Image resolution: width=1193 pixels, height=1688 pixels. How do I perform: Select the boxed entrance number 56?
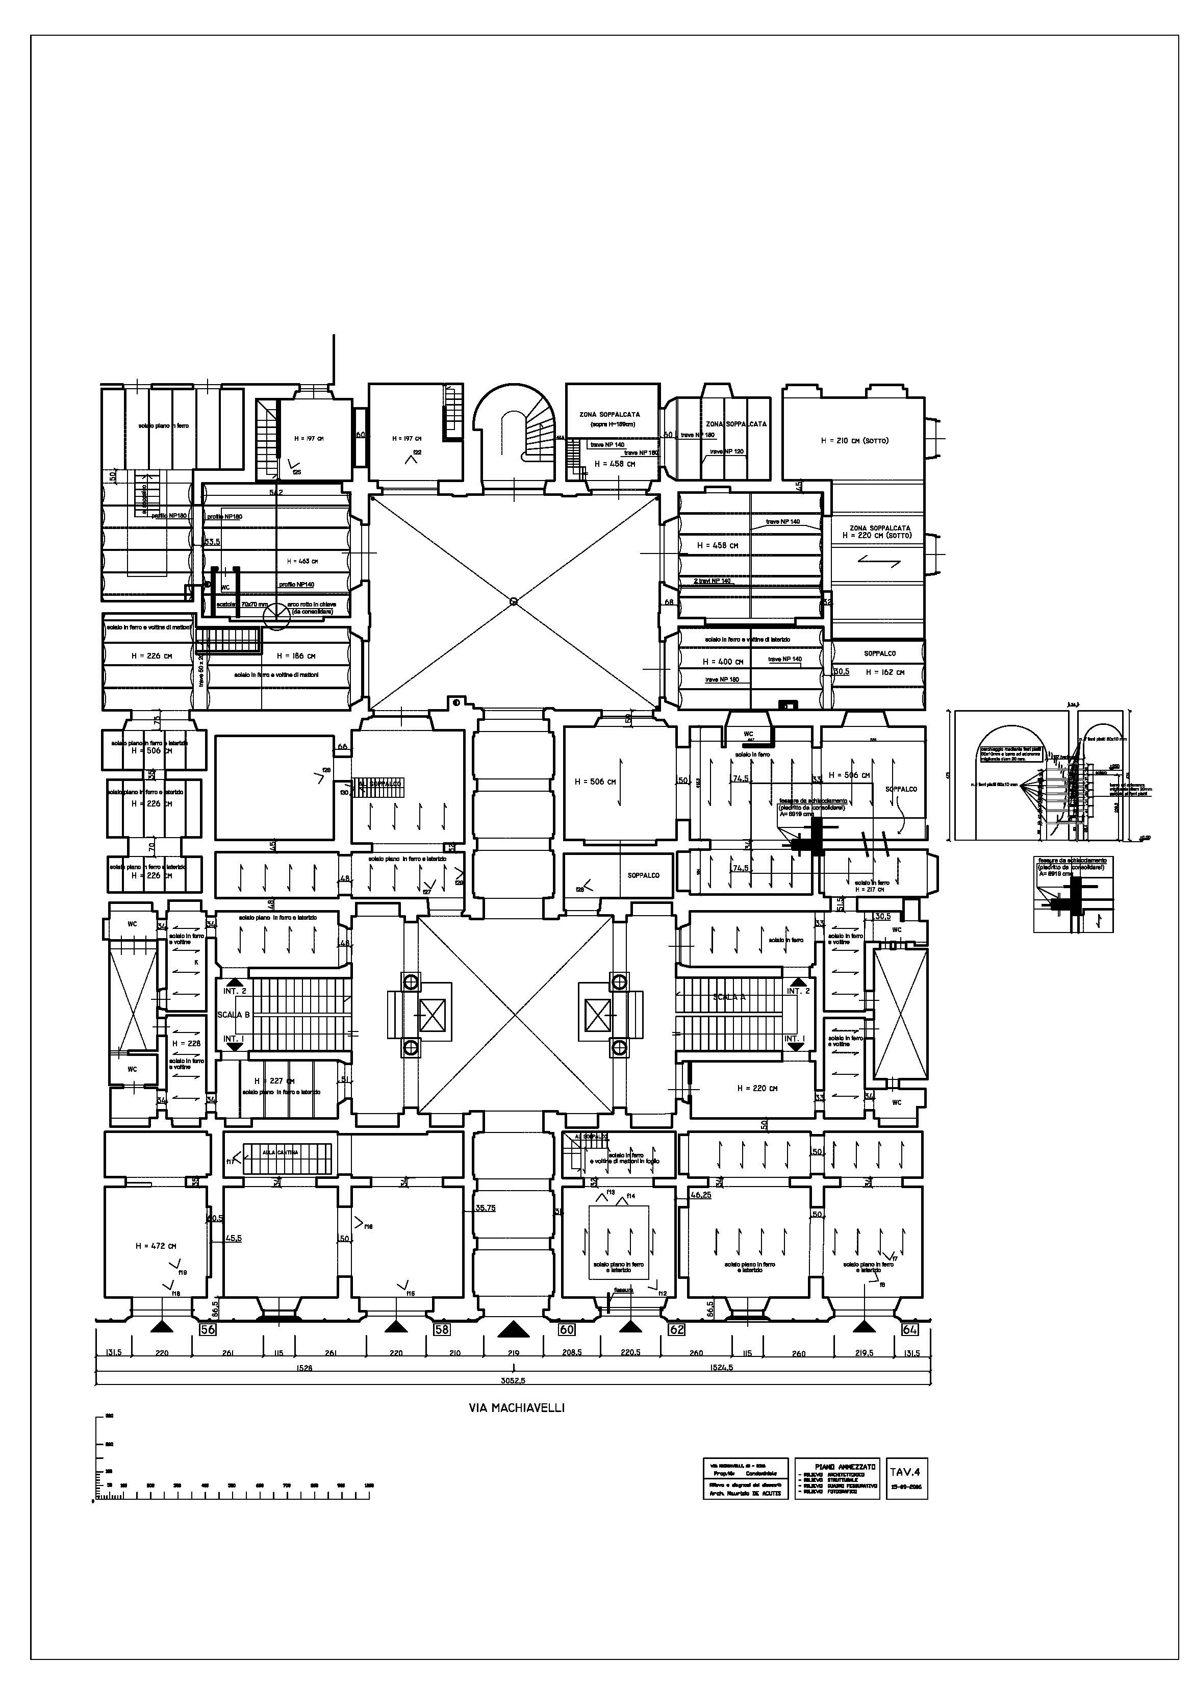coord(208,1329)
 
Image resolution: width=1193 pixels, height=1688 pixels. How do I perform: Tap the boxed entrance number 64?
coord(909,1329)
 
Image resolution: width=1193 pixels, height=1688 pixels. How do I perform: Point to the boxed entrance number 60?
coord(566,1329)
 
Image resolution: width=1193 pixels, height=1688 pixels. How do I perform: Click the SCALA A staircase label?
coord(729,998)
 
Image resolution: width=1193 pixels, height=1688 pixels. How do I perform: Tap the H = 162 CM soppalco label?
coord(884,672)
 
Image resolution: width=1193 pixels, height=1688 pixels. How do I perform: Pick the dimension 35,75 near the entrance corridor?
coord(485,1208)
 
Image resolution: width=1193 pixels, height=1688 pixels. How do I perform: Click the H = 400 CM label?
coord(723,662)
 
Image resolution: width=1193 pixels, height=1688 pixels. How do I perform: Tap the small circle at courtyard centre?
coord(513,601)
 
